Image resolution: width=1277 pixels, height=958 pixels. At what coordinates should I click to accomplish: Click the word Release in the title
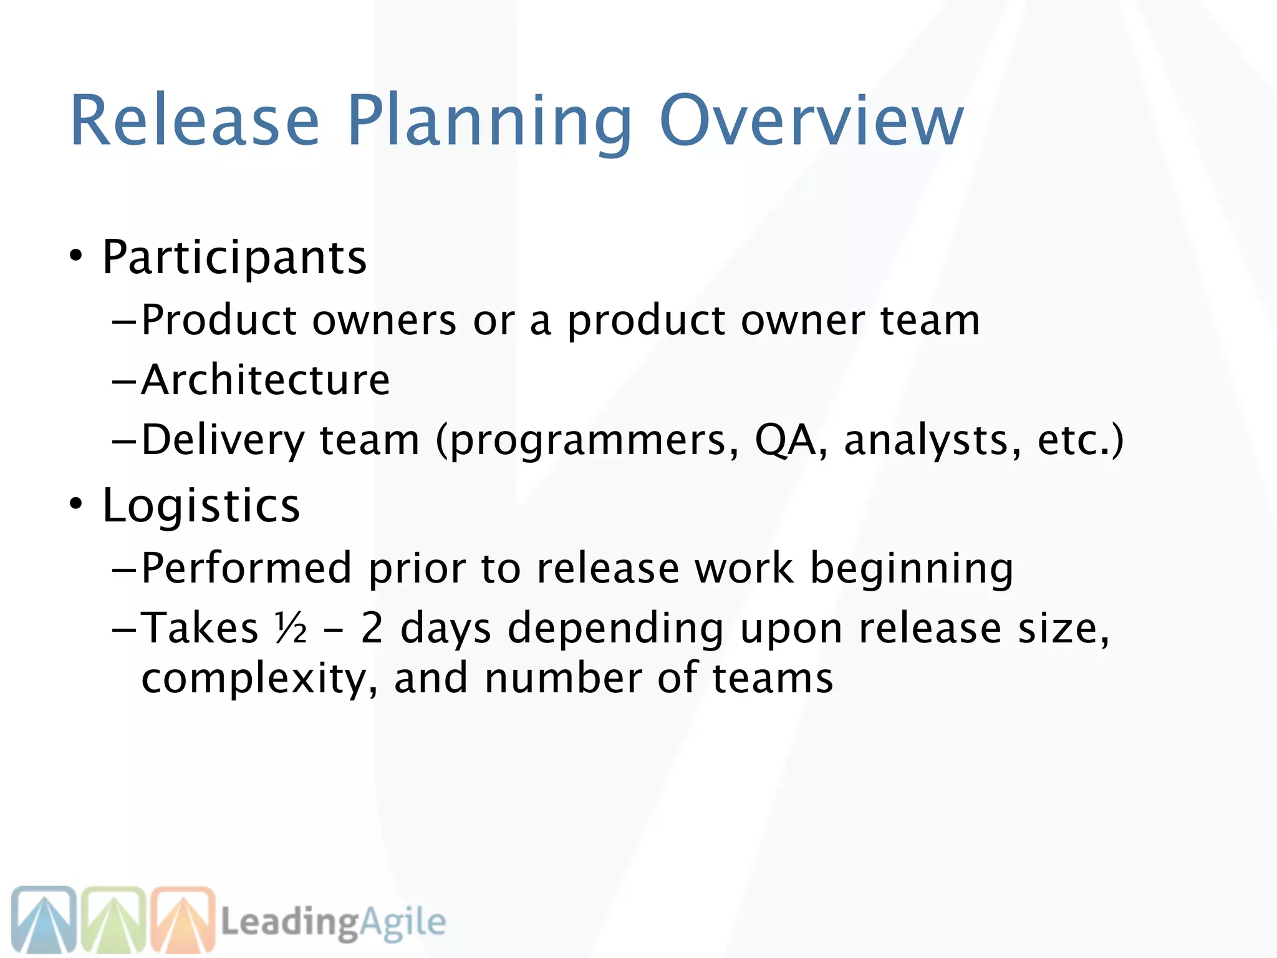[x=195, y=120]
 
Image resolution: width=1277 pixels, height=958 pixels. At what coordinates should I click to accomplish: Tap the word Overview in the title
[x=811, y=120]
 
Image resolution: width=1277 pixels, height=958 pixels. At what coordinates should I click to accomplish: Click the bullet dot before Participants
[x=75, y=256]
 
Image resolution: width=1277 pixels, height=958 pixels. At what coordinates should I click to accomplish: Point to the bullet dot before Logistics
[x=75, y=504]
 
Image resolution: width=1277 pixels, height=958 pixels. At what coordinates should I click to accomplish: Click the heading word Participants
[x=234, y=257]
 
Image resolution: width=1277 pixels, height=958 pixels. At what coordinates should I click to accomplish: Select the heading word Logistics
[x=201, y=505]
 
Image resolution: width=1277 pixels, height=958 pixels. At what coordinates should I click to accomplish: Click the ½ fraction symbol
[x=291, y=627]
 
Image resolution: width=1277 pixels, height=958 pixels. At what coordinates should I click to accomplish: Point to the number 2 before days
[x=372, y=627]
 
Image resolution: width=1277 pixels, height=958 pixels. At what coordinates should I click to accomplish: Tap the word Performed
[x=247, y=568]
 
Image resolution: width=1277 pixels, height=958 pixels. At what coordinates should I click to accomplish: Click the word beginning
[x=912, y=569]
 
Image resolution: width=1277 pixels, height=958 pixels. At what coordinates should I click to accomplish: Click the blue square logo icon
[x=44, y=919]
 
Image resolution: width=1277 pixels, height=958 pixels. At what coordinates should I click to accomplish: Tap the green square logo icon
[x=113, y=919]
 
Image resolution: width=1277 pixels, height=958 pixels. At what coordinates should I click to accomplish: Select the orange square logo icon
[x=183, y=919]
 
